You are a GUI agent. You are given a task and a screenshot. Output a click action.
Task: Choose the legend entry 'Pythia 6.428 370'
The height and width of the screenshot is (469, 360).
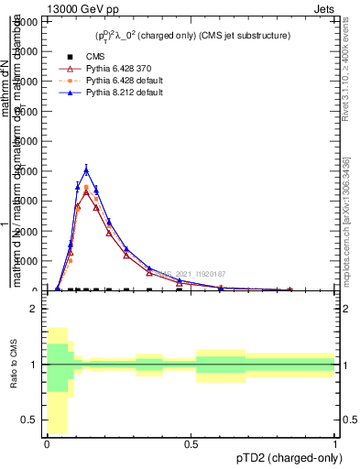(x=109, y=69)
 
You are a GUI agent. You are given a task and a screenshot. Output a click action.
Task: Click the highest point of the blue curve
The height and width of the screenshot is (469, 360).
(x=86, y=170)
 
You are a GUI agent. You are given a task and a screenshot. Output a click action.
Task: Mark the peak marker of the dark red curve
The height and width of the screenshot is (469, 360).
(x=86, y=192)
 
